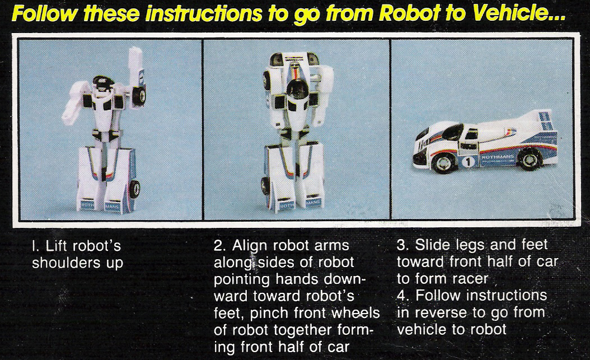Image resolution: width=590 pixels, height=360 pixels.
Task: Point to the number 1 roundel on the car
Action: click(468, 162)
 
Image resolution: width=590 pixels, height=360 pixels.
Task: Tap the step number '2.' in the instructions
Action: click(219, 246)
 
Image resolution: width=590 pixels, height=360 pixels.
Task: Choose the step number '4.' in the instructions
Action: click(403, 295)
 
